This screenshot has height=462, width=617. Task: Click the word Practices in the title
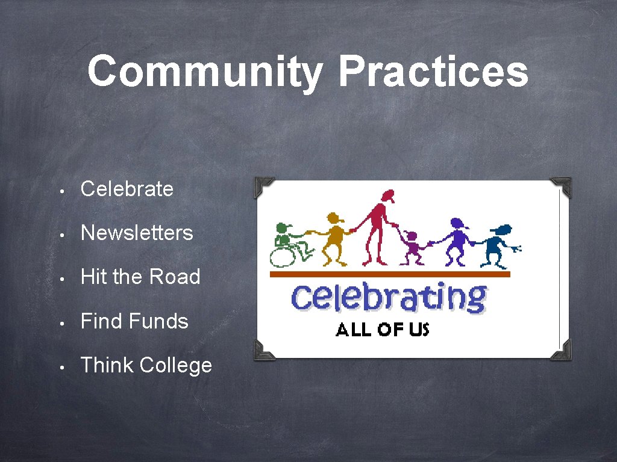click(x=433, y=72)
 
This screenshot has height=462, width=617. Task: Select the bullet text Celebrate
click(x=127, y=189)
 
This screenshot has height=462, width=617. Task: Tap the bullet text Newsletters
click(x=137, y=233)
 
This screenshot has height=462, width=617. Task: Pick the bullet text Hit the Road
click(x=140, y=277)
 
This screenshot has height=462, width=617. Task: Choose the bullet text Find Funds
click(x=134, y=321)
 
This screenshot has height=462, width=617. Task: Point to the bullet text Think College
click(x=146, y=365)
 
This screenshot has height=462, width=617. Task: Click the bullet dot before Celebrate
click(x=62, y=190)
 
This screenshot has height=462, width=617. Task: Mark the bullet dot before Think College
click(x=62, y=366)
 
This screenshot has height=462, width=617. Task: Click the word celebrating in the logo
click(x=389, y=297)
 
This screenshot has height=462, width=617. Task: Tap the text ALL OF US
click(x=382, y=330)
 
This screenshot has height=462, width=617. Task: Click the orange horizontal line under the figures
click(x=389, y=274)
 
